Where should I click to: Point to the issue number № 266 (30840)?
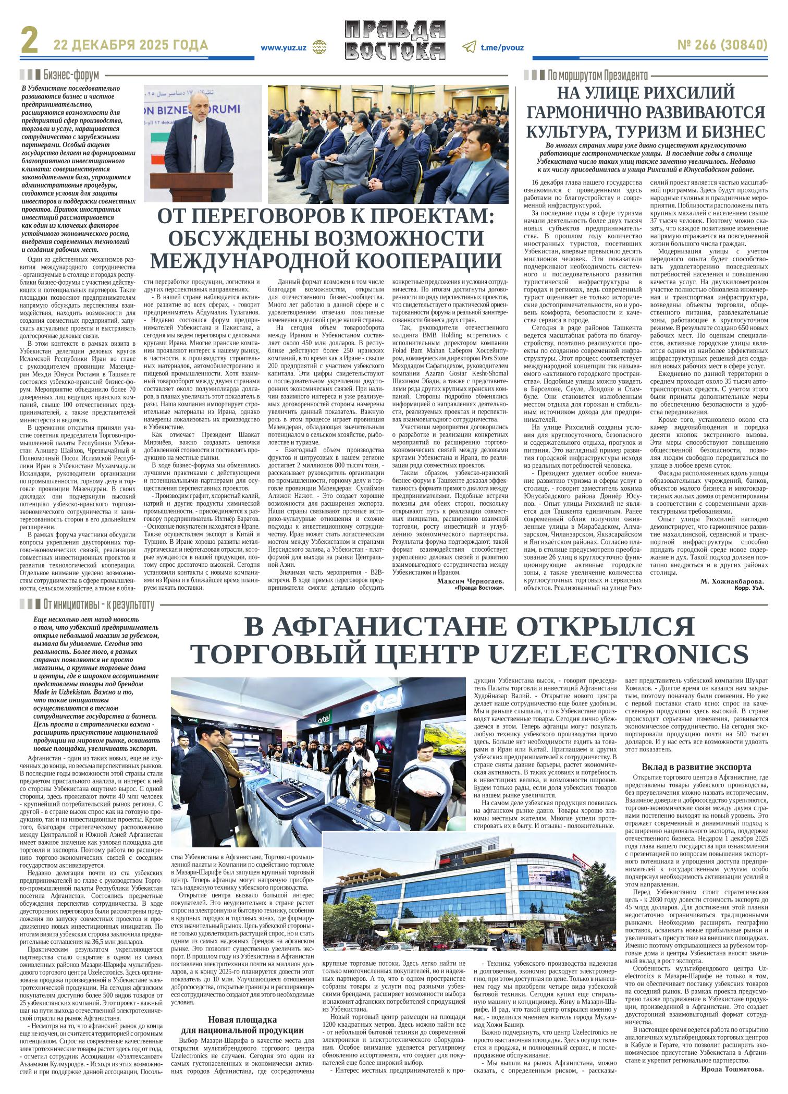[x=722, y=46]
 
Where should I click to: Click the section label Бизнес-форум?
[x=71, y=75]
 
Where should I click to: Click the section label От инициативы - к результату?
[x=99, y=605]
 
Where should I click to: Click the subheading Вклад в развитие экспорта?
[x=696, y=767]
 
